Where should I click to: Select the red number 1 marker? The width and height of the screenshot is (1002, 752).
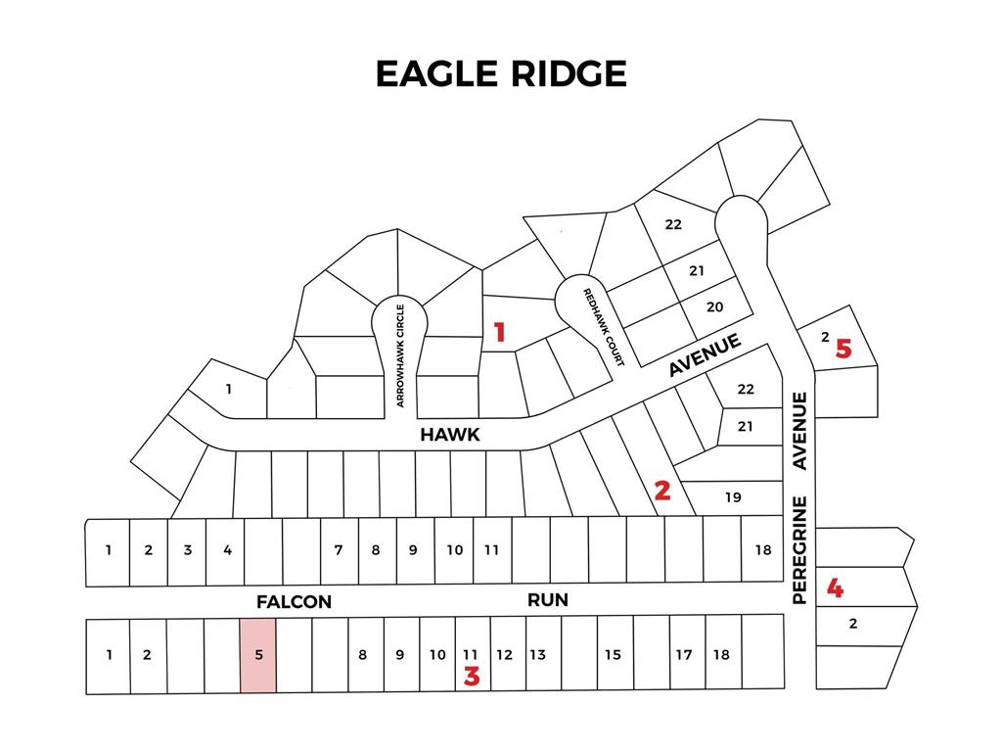(x=499, y=333)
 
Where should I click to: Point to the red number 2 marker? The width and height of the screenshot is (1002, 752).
(x=662, y=491)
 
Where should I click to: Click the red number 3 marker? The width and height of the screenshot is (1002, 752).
(x=472, y=676)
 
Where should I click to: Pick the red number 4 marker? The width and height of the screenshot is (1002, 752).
(x=835, y=588)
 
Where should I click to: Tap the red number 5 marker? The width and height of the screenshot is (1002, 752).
(x=843, y=349)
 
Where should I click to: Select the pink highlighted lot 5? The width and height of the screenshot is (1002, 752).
(x=258, y=656)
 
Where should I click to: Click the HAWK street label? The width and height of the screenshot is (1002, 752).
(x=450, y=435)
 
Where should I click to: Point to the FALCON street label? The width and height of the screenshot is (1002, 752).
(x=295, y=602)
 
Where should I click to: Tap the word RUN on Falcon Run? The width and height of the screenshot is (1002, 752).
(x=548, y=599)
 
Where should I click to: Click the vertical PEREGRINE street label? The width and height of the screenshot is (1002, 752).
(x=799, y=549)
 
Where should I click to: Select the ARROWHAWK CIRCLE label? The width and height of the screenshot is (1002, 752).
(x=399, y=355)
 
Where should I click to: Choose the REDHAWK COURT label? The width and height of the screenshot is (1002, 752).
(x=604, y=327)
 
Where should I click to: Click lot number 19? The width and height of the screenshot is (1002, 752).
(x=733, y=497)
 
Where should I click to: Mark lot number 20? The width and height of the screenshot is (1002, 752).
(x=714, y=306)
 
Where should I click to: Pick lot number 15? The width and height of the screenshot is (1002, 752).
(x=612, y=655)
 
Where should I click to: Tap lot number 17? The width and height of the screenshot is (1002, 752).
(x=683, y=655)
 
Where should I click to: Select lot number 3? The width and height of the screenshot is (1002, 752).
(x=187, y=550)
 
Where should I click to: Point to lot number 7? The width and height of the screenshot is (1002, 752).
(x=339, y=550)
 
